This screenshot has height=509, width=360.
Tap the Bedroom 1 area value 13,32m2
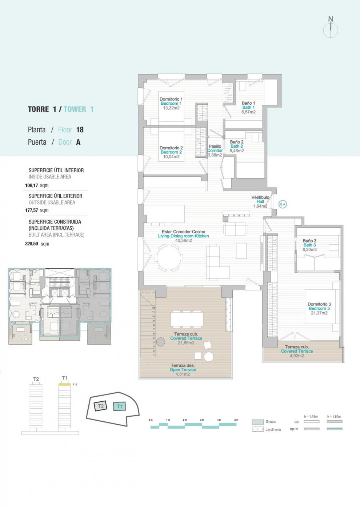171,108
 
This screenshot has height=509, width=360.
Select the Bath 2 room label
237,146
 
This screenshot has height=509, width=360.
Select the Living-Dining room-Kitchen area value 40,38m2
183,240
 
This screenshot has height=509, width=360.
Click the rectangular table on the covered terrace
187,319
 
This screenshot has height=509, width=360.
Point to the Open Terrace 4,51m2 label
183,370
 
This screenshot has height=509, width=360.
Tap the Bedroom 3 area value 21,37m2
319,313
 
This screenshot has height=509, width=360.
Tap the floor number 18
80,130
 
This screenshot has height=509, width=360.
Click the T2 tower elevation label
36,379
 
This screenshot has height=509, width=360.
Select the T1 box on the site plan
120,406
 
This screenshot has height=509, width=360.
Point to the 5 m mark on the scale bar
236,420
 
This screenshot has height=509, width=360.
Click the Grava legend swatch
257,422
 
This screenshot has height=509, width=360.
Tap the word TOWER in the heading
75,109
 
